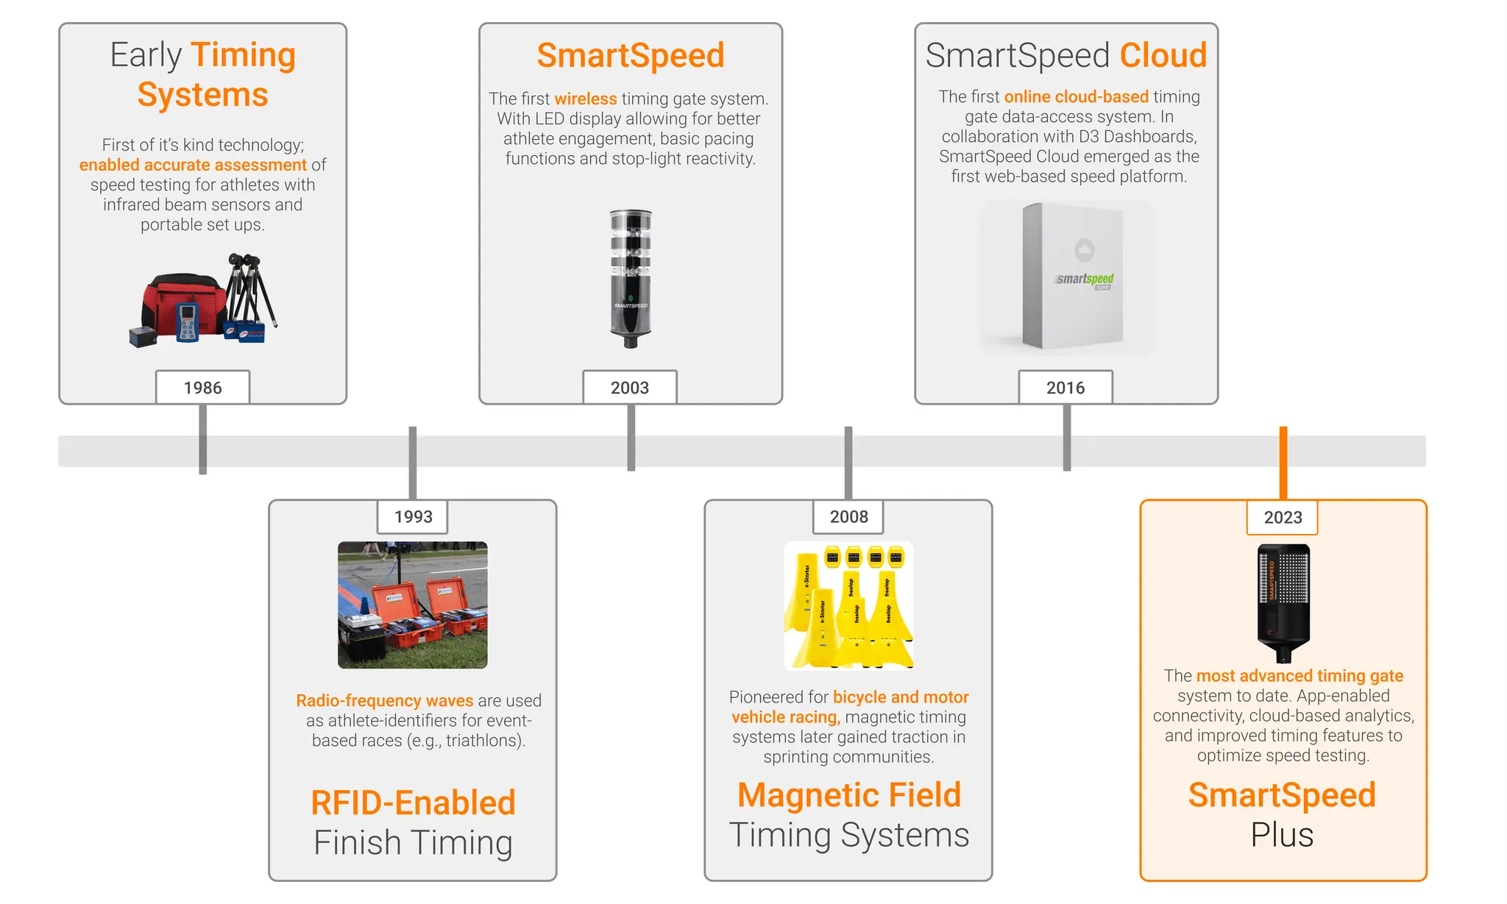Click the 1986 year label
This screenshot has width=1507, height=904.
(202, 388)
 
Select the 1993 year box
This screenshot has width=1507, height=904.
(413, 516)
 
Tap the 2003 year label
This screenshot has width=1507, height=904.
(630, 388)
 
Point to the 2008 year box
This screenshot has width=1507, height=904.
(848, 516)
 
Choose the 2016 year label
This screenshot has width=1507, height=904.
(1065, 388)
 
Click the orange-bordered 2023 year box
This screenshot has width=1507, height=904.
(1283, 517)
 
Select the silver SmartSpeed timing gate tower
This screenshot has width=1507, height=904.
(631, 278)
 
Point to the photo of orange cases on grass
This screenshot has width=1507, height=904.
(413, 605)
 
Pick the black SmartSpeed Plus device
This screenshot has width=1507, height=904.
(1283, 602)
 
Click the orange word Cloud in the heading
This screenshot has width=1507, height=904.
(1163, 55)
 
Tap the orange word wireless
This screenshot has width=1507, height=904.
(586, 99)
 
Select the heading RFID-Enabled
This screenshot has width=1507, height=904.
(413, 802)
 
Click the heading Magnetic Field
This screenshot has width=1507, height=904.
(849, 795)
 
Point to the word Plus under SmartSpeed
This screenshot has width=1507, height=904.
(1282, 835)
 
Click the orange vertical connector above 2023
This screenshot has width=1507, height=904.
(1283, 462)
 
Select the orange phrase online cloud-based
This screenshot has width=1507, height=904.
(1076, 96)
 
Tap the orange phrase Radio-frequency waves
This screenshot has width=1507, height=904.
(384, 700)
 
